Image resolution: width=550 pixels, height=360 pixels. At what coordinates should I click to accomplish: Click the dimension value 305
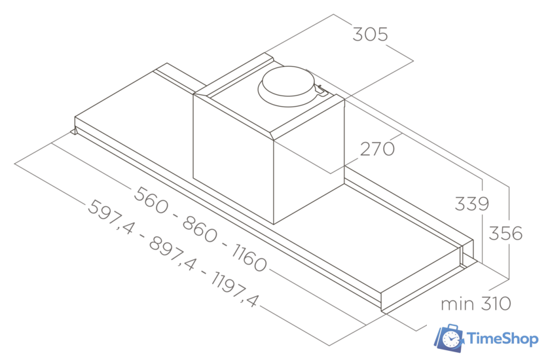click(x=371, y=34)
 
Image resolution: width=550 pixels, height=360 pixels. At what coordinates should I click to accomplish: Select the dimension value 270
click(x=377, y=149)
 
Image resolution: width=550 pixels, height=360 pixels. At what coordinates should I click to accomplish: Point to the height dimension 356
click(x=506, y=233)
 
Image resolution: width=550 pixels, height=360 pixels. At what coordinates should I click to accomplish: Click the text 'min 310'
click(x=475, y=304)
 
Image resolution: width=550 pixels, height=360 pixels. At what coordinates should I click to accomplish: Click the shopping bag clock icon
click(x=450, y=337)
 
